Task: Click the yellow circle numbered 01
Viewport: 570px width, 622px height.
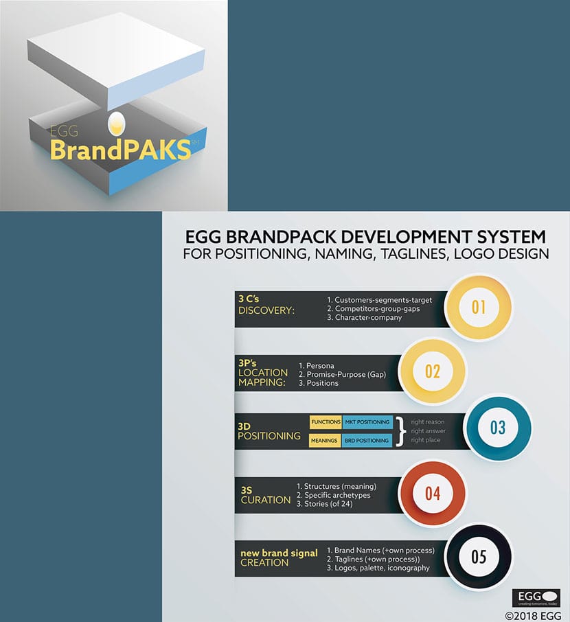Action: click(479, 307)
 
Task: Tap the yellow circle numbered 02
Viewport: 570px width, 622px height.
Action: click(432, 371)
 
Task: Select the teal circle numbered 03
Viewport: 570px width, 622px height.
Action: click(498, 428)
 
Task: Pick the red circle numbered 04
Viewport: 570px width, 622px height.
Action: click(432, 492)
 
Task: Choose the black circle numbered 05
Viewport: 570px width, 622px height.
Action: click(479, 556)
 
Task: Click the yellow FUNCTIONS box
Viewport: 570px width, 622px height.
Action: click(325, 422)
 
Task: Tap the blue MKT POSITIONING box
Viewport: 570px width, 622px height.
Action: click(367, 422)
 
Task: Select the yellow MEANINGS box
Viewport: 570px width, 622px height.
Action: click(325, 440)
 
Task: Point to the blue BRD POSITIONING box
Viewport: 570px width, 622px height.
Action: click(367, 440)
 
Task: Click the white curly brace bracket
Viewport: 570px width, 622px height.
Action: click(401, 431)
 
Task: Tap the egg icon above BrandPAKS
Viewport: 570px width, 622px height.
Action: click(117, 124)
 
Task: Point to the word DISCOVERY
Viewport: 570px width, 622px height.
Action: click(266, 311)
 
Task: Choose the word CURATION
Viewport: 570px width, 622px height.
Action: click(265, 500)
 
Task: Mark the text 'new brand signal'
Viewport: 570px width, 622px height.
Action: click(279, 552)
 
